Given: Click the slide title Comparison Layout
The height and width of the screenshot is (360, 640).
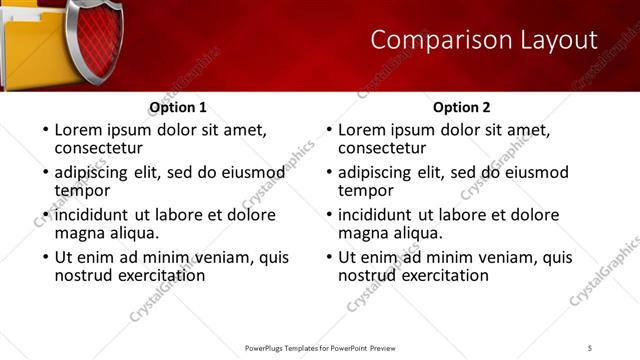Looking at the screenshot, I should [484, 41].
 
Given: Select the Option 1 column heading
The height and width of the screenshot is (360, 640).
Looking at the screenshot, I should [178, 107].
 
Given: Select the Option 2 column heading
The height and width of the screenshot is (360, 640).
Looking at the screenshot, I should [462, 107].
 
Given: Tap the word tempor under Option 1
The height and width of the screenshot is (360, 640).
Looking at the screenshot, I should [82, 190].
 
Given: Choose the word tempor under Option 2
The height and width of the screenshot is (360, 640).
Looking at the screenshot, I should [366, 190].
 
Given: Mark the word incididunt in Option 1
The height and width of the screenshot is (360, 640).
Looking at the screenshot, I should [92, 215].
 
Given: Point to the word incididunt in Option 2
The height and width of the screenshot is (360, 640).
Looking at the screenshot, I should [376, 215].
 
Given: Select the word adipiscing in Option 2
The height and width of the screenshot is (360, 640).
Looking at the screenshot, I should [376, 172].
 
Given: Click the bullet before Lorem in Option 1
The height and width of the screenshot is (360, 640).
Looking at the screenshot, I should [43, 131].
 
